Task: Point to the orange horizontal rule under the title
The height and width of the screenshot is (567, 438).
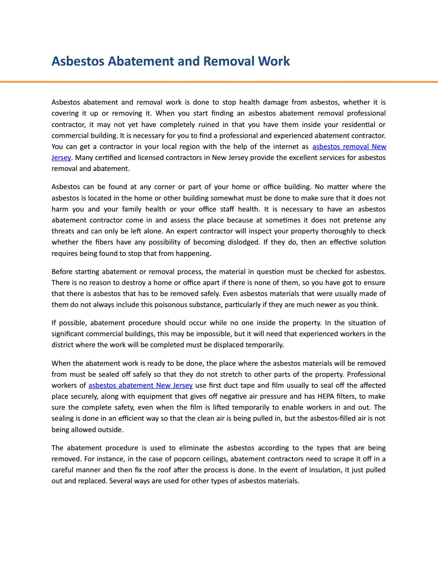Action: [x=219, y=81]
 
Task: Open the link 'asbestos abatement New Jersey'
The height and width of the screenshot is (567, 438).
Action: [x=141, y=385]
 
